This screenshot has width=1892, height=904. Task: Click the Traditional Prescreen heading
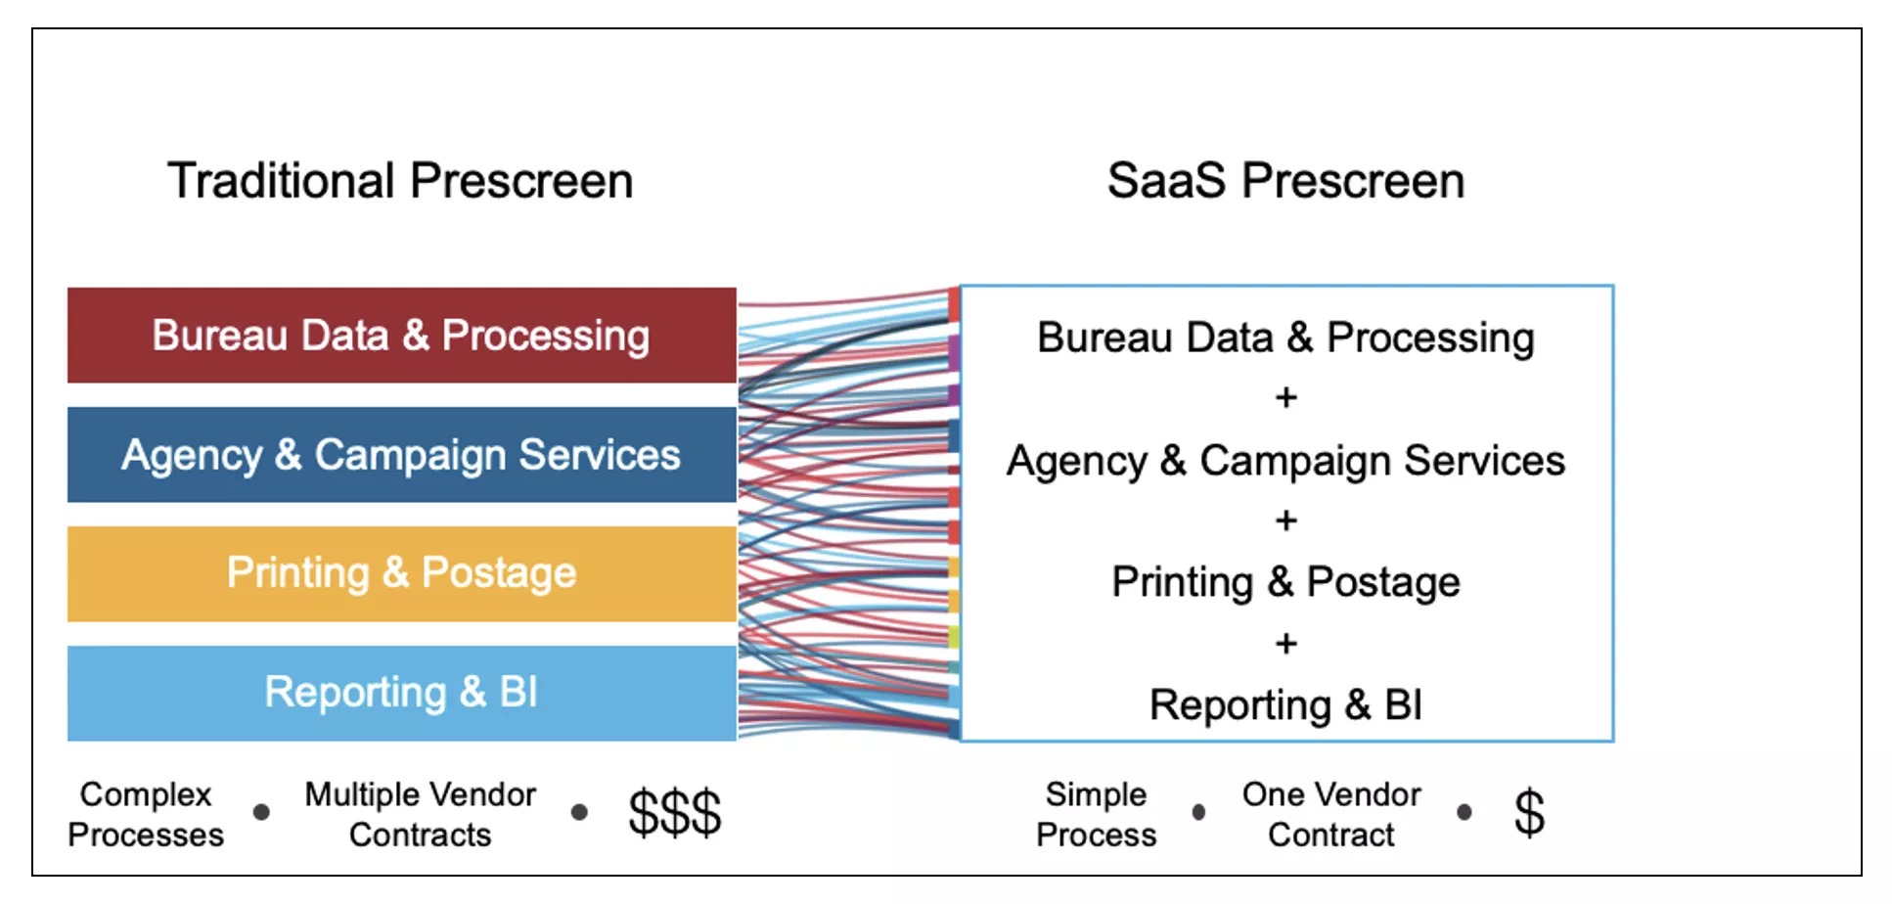tap(400, 181)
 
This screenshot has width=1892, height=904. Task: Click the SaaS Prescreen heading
tap(1285, 181)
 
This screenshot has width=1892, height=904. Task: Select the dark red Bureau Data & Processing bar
tap(401, 336)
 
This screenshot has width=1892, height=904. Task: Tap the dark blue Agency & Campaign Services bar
tap(401, 455)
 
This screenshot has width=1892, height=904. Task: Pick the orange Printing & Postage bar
tap(401, 573)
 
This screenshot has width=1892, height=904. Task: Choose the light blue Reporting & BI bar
tap(401, 693)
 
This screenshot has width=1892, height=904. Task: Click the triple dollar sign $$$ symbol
tap(674, 812)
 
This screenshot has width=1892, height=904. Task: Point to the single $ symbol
tap(1529, 812)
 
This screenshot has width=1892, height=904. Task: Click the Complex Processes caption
tap(146, 814)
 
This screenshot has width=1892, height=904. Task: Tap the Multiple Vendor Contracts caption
tap(420, 814)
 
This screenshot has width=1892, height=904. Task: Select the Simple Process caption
tap(1096, 814)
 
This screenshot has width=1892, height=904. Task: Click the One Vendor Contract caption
tap(1330, 814)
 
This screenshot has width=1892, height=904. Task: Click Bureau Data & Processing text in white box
tap(1285, 338)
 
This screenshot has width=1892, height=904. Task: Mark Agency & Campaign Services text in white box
tap(1285, 461)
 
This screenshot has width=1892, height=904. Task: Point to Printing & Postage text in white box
tap(1285, 582)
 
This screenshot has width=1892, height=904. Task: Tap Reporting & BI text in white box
tap(1285, 705)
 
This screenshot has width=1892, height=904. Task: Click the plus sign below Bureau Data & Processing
tap(1286, 397)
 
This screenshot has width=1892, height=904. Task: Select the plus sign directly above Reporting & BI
tap(1286, 644)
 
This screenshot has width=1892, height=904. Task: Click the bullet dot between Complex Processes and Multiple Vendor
tap(261, 812)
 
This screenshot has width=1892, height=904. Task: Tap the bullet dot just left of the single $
tap(1464, 812)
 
